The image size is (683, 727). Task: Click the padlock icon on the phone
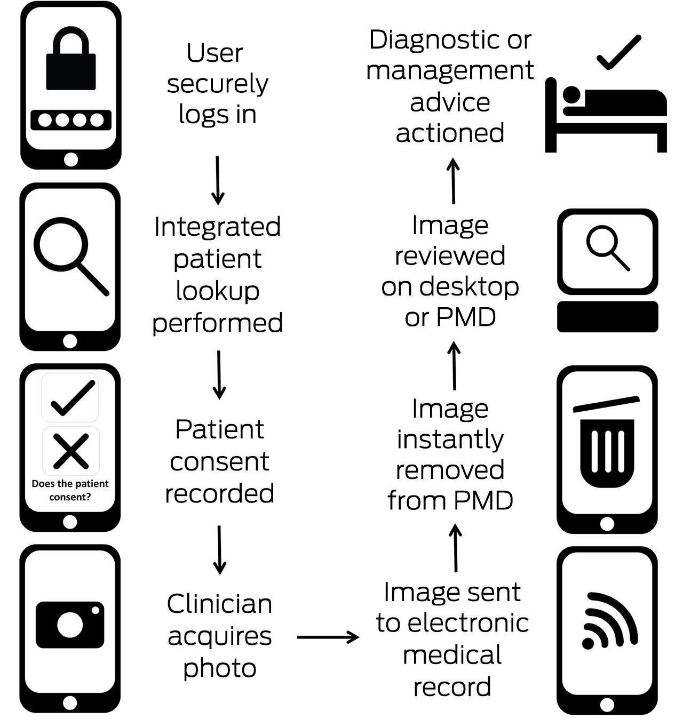click(71, 61)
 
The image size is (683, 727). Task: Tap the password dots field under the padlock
click(71, 120)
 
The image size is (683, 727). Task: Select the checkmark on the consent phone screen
click(72, 398)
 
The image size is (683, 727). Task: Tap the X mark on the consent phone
click(71, 451)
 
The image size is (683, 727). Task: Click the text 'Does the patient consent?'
click(70, 490)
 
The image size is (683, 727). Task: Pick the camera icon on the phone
click(70, 625)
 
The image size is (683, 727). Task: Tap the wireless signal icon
click(609, 621)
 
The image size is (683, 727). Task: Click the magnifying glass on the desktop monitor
click(608, 247)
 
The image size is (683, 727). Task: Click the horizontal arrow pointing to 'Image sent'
click(328, 637)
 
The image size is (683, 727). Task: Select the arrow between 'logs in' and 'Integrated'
click(218, 180)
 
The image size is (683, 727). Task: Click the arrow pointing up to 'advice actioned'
click(453, 181)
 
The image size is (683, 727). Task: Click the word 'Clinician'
click(219, 604)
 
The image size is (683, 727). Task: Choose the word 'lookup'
click(218, 291)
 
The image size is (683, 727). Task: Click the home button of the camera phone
click(70, 702)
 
